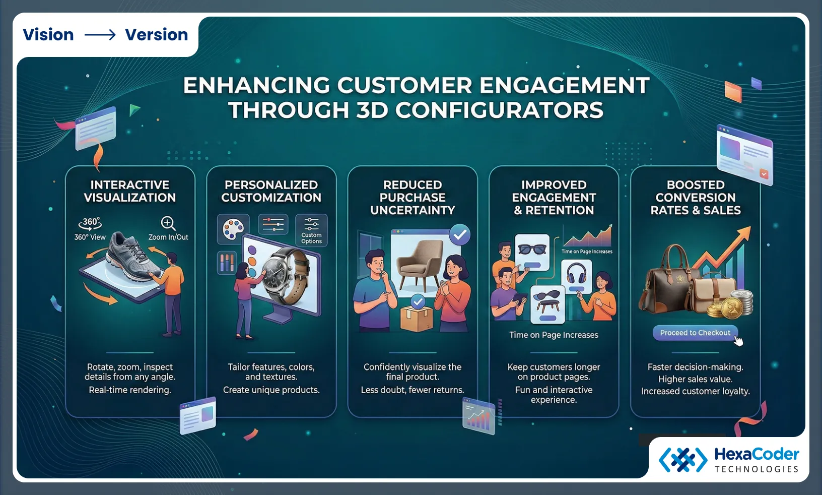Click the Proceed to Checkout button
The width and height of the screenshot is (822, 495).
[x=695, y=333]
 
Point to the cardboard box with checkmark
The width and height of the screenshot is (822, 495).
[x=417, y=316]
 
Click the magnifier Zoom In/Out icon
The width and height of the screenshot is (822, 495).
[x=168, y=223]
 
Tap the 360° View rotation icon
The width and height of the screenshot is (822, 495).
[x=90, y=223]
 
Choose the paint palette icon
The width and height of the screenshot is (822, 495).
[x=233, y=229]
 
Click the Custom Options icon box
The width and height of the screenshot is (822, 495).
[x=311, y=230]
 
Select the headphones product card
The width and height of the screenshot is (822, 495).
[x=576, y=276]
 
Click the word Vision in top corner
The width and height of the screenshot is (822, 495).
[x=48, y=35]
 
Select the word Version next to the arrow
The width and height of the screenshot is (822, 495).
[x=156, y=35]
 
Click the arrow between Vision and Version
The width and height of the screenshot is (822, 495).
[x=100, y=35]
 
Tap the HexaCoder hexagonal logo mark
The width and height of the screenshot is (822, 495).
[x=683, y=459]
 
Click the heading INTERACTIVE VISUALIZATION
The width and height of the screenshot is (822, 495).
[x=130, y=191]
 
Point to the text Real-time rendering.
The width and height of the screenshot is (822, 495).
[x=130, y=390]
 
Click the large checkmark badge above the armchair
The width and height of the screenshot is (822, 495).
[x=459, y=234]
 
